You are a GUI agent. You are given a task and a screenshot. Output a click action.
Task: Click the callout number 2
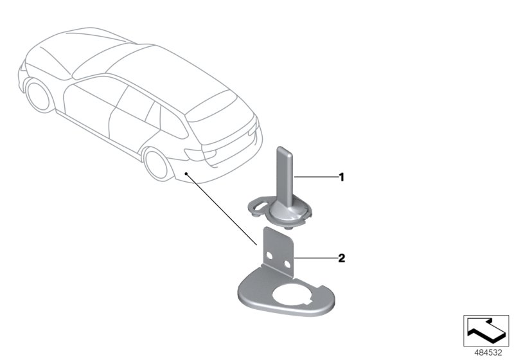tap(342, 258)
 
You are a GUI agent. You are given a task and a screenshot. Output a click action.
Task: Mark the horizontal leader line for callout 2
tap(315, 258)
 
